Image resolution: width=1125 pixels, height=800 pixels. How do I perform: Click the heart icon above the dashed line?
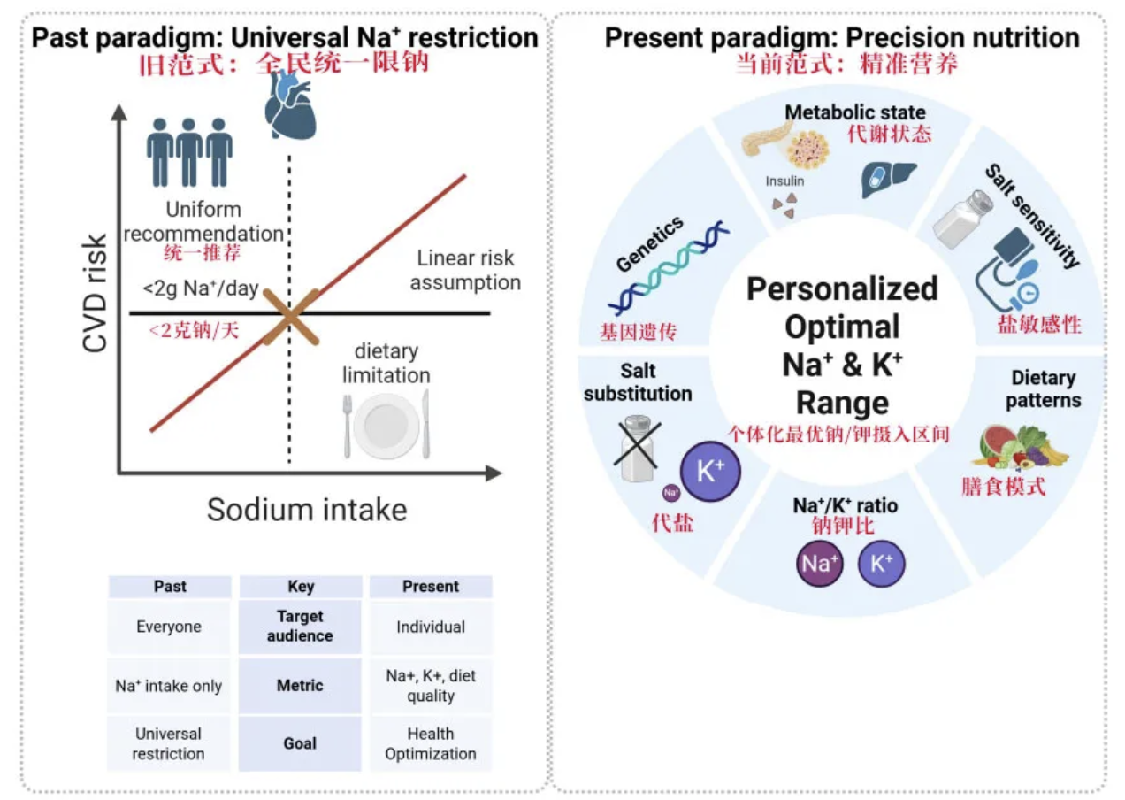pyautogui.click(x=290, y=104)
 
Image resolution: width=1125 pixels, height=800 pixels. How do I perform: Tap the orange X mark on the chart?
pyautogui.click(x=291, y=317)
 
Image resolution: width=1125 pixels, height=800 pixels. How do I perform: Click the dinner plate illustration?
pyautogui.click(x=386, y=425)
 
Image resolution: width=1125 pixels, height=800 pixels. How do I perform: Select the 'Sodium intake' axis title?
pyautogui.click(x=307, y=510)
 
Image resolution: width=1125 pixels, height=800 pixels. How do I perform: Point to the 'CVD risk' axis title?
pyautogui.click(x=95, y=293)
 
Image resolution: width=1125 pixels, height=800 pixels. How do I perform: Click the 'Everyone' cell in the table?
pyautogui.click(x=169, y=627)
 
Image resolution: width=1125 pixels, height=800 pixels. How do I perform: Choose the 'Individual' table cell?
pyautogui.click(x=431, y=627)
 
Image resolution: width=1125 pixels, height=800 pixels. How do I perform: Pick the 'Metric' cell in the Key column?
pyautogui.click(x=300, y=686)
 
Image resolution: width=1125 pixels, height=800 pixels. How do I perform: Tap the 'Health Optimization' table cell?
pyautogui.click(x=431, y=743)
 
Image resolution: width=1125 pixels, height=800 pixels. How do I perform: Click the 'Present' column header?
pyautogui.click(x=431, y=587)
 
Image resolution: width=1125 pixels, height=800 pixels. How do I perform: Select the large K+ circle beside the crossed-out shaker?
pyautogui.click(x=710, y=472)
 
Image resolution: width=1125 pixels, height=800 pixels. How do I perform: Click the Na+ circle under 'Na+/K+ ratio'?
pyautogui.click(x=820, y=564)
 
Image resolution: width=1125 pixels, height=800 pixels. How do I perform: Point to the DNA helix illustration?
pyautogui.click(x=669, y=267)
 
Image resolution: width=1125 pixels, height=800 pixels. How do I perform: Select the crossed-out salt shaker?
pyautogui.click(x=637, y=449)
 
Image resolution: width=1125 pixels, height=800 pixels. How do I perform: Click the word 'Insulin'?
pyautogui.click(x=784, y=181)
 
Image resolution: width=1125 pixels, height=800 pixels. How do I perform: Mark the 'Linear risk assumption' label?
pyautogui.click(x=465, y=270)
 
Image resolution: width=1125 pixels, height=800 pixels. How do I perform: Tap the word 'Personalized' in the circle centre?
pyautogui.click(x=842, y=288)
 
